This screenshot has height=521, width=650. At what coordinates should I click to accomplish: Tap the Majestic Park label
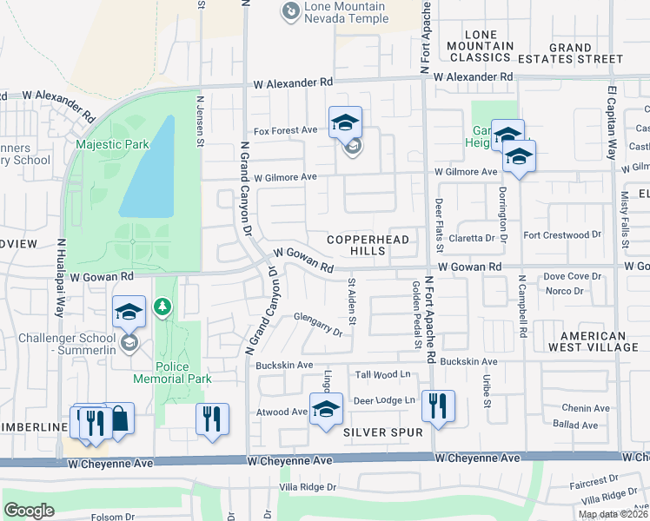(x=112, y=144)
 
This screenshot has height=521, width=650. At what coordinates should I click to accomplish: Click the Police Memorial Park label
(x=172, y=373)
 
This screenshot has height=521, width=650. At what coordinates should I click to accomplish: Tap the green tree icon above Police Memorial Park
(x=162, y=307)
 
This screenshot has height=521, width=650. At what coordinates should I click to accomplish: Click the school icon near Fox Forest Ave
(x=345, y=123)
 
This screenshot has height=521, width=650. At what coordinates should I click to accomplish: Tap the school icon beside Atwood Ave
(x=326, y=409)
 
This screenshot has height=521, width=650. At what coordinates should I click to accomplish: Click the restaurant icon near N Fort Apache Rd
(x=437, y=406)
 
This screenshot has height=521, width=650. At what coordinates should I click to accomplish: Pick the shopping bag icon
(x=118, y=419)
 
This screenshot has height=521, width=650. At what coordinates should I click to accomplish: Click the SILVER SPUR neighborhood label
(x=382, y=432)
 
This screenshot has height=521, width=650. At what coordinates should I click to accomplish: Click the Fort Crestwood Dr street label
(x=562, y=234)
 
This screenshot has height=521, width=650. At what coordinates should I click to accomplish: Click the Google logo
(x=29, y=510)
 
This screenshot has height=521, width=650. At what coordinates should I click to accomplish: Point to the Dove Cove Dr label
(x=572, y=276)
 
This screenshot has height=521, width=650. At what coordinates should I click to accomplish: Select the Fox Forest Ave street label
(x=285, y=130)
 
